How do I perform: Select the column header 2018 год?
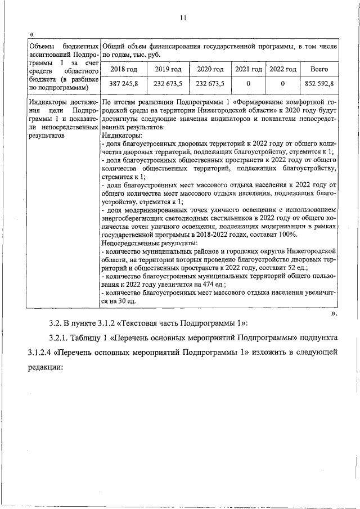[123, 69]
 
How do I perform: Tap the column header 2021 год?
[248, 69]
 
